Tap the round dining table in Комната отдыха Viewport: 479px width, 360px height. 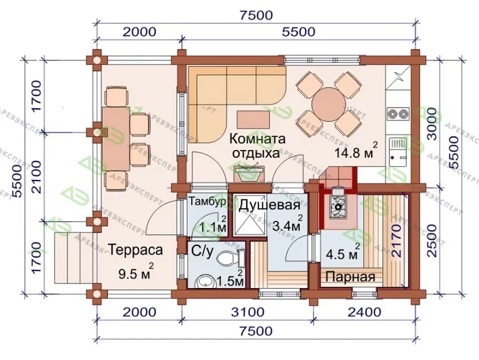coord(328,104)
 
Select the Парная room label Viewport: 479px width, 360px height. coord(350,277)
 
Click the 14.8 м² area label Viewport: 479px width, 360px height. coord(356,151)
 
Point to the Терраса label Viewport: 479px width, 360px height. coord(135,249)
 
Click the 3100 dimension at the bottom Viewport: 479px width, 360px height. coord(247,312)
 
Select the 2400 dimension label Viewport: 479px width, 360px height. coord(364,312)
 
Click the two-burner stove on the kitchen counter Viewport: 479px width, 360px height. coord(399,115)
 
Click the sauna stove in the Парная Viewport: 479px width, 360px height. coord(338,207)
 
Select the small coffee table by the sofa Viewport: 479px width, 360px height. coord(253,120)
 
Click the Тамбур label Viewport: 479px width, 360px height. coord(207,202)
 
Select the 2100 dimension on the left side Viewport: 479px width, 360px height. coord(36,177)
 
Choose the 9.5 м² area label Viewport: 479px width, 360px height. coord(135,272)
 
